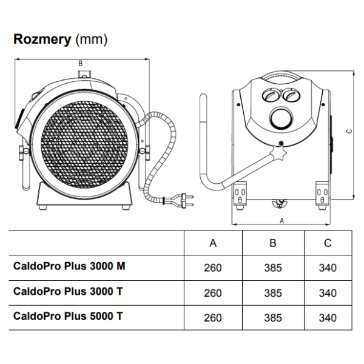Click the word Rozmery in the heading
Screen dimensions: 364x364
point(42,39)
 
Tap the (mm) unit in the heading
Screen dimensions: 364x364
point(92,39)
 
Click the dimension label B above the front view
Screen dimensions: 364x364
point(80,63)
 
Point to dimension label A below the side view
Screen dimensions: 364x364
point(281,221)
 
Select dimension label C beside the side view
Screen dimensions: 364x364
point(349,131)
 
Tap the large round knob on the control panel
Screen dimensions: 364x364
point(281,118)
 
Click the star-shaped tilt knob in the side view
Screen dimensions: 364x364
point(280,152)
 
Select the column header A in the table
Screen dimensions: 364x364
point(213,243)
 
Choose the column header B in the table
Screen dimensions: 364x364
point(273,243)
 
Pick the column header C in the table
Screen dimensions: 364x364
point(328,243)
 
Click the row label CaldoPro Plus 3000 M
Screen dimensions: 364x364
point(69,266)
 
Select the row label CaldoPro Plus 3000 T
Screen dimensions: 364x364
point(68,291)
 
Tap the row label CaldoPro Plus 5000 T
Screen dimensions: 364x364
point(68,316)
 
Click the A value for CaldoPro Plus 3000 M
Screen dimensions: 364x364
point(213,268)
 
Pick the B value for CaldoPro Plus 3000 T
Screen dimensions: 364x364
point(273,293)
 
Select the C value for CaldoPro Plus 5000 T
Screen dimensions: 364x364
point(328,318)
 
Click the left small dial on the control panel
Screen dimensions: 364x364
point(271,95)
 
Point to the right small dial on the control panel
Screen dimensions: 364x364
point(292,95)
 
